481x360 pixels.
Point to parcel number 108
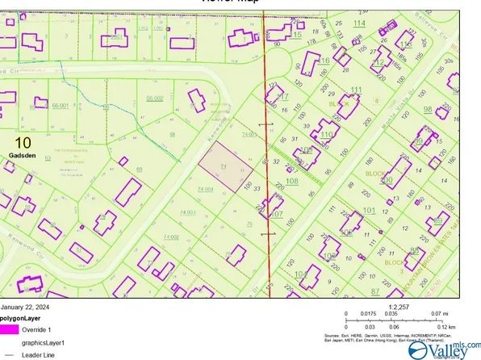291,181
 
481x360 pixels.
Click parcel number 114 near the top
358,23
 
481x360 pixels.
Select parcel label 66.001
60,106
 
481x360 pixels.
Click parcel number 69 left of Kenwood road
140,169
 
